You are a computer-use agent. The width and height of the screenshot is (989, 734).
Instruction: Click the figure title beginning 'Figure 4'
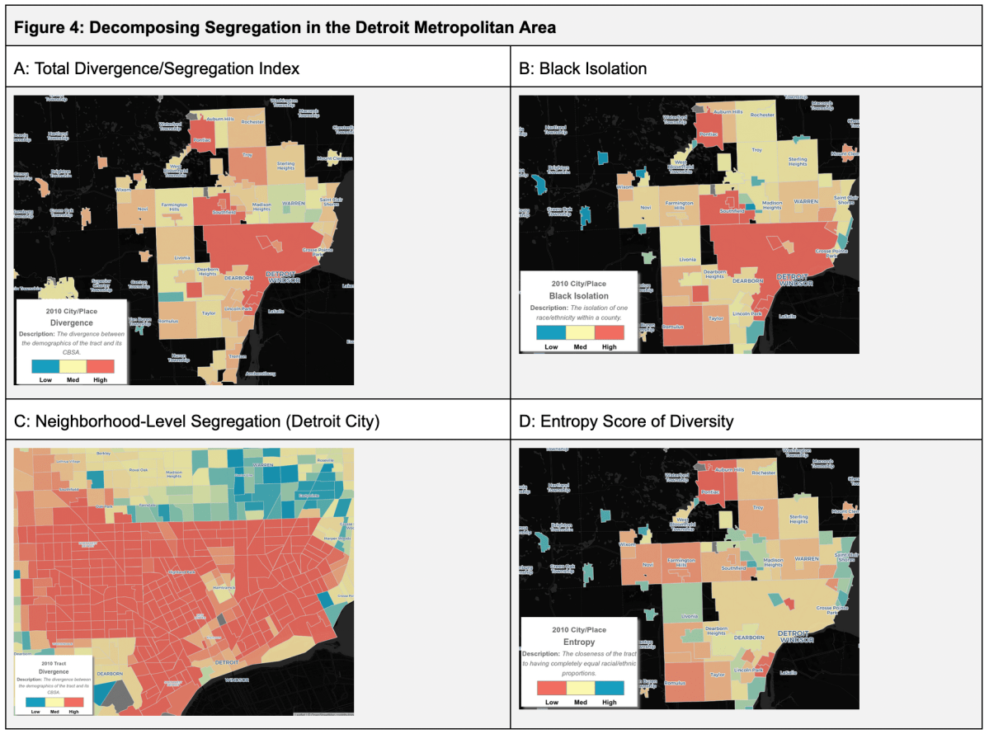click(285, 27)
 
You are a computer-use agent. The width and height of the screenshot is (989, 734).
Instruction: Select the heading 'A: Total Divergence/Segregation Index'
click(157, 68)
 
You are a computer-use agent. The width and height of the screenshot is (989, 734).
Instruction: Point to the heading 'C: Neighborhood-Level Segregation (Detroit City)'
click(197, 421)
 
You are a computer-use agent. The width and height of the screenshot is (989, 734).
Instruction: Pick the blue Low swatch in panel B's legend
click(550, 333)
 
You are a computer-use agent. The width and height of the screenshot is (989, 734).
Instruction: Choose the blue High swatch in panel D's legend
click(609, 688)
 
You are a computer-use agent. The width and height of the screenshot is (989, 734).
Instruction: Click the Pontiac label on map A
click(202, 140)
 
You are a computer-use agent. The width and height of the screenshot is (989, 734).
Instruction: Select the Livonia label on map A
click(183, 258)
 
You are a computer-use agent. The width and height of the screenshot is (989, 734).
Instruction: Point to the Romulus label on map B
click(674, 327)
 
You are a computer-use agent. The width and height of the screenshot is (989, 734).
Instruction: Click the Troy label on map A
click(247, 154)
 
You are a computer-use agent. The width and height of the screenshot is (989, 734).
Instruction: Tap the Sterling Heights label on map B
click(798, 162)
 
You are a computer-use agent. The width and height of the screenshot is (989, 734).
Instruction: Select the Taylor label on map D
click(717, 674)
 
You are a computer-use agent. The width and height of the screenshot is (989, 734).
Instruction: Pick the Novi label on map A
click(143, 208)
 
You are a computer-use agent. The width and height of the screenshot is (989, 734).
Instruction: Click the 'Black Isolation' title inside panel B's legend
click(578, 295)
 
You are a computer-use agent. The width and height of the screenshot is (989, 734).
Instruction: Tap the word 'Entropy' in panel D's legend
click(578, 641)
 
